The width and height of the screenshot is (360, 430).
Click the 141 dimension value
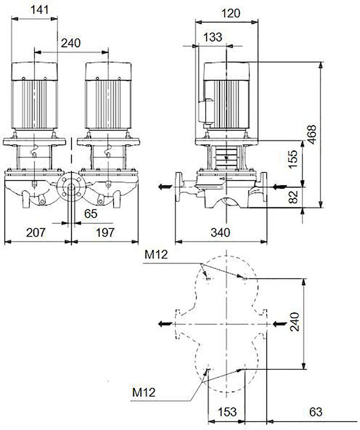coord(39,10)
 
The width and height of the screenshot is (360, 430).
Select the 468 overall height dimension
coord(311,134)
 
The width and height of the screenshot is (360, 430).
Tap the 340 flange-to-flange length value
coord(220,233)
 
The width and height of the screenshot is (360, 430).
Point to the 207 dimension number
coord(35,233)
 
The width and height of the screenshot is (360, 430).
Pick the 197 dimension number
coord(105,233)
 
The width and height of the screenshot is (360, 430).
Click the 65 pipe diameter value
coord(91,213)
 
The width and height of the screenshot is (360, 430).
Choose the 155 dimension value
coord(293,159)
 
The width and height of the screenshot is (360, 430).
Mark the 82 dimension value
coord(293,197)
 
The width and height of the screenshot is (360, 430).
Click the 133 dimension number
coord(213,37)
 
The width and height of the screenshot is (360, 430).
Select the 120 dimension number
coord(231,13)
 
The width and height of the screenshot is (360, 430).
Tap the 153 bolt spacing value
coord(227,412)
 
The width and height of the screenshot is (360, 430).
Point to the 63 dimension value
coord(315,412)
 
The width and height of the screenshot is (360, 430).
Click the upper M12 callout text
coord(156,255)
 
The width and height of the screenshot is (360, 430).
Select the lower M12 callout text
coord(144,392)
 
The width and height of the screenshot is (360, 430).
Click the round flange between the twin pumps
coord(71,187)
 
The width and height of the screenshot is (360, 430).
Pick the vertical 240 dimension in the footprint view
coord(295,322)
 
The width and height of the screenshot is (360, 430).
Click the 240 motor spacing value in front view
coord(71,43)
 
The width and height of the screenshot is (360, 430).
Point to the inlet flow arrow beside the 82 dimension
coord(280,187)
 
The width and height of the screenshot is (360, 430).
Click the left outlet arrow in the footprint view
coord(165,324)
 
